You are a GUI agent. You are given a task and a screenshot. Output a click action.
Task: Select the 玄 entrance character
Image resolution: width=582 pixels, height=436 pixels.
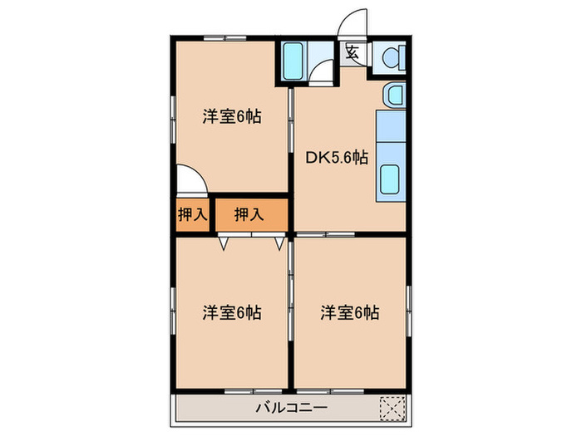click(352, 53)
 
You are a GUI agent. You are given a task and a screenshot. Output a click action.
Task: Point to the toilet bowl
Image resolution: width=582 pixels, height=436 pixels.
click(391, 57)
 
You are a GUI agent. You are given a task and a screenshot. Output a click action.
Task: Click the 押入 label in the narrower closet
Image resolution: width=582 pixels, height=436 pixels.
click(193, 214)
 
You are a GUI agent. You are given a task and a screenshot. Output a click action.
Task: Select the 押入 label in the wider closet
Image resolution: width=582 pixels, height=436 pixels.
click(249, 214)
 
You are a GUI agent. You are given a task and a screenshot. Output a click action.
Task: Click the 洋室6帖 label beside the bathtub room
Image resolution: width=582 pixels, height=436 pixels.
click(232, 117)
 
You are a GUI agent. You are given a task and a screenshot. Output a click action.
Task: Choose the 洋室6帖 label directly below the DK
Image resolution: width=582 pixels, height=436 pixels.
click(350, 313)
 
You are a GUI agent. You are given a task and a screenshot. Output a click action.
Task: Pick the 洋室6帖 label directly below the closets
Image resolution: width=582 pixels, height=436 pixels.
click(232, 313)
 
